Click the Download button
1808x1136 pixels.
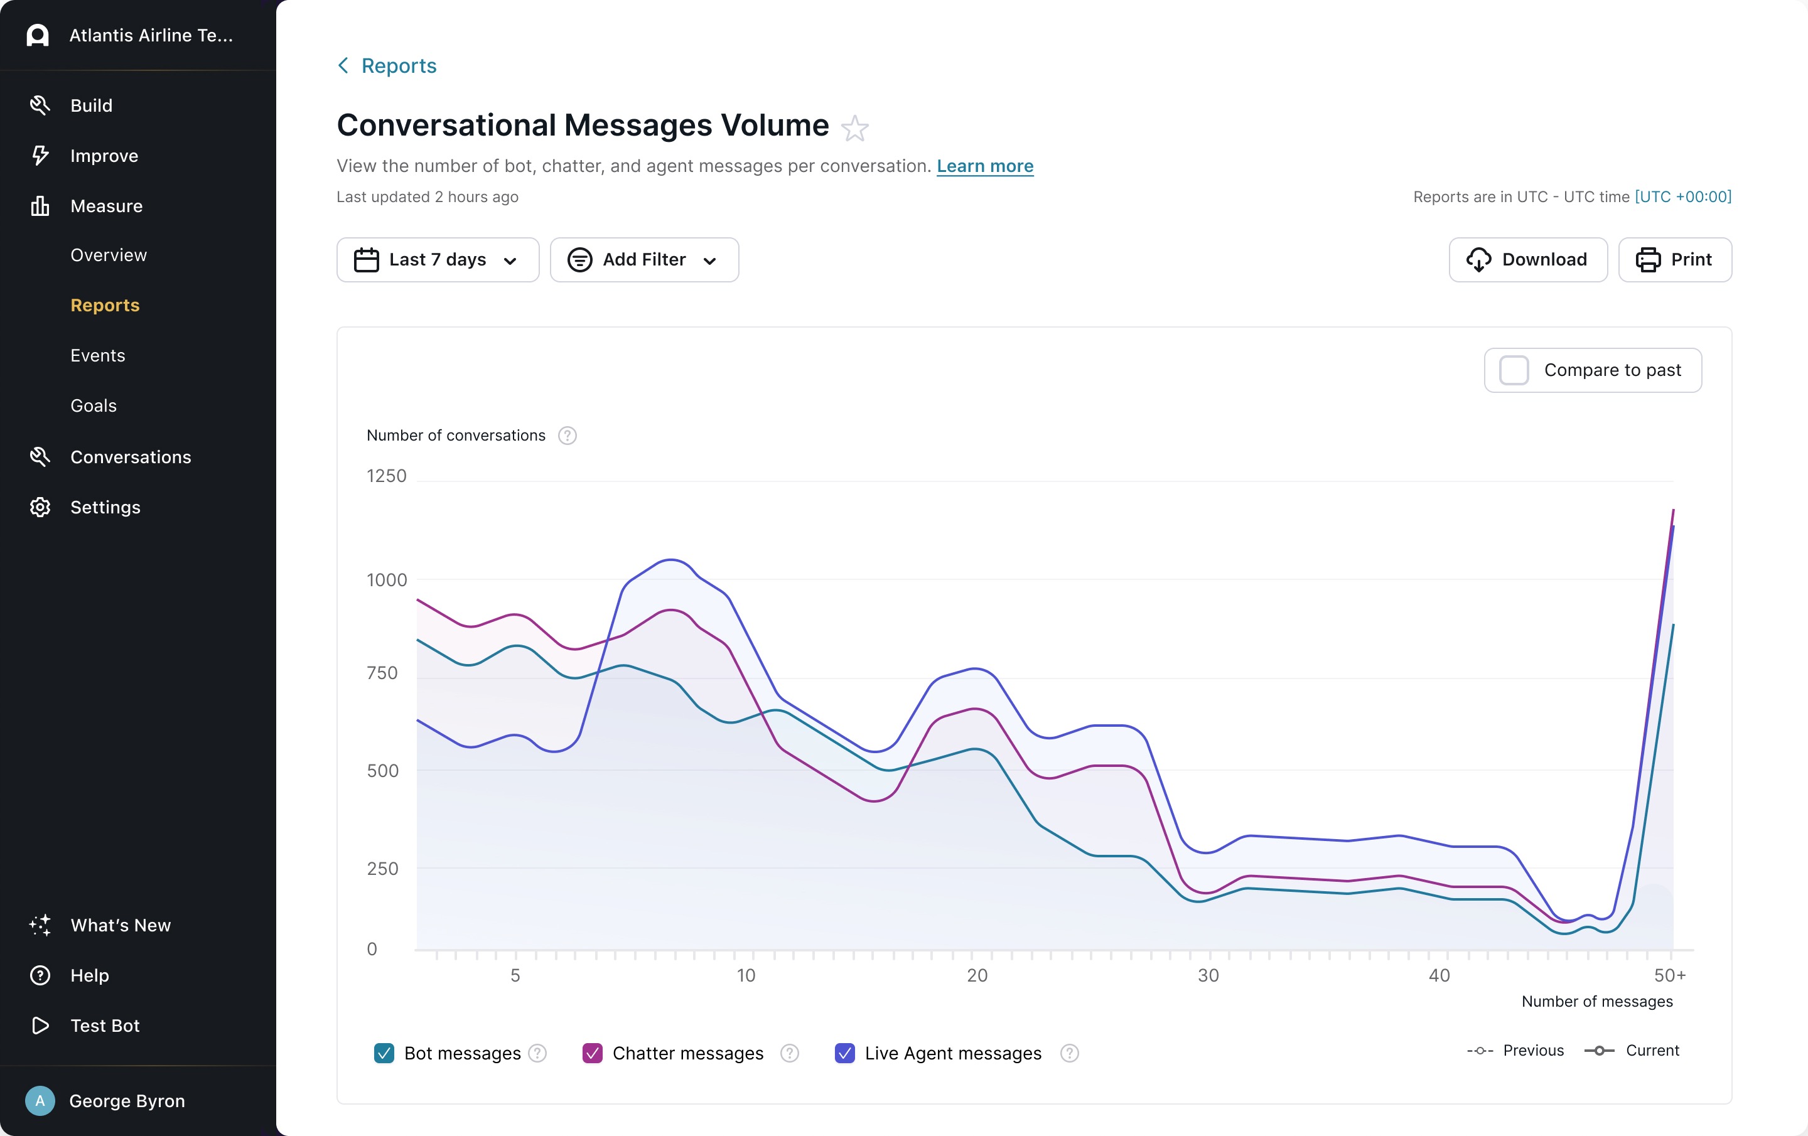point(1527,260)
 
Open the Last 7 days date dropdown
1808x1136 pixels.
point(438,260)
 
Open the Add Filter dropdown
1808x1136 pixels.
point(644,260)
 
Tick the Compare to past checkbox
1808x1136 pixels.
point(1514,370)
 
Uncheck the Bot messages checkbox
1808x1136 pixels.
point(384,1053)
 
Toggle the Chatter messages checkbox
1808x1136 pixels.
point(593,1053)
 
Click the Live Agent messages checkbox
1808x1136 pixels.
point(845,1053)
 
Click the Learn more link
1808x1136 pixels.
point(985,166)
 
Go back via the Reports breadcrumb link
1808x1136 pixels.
point(387,66)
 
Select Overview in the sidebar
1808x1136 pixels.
point(109,255)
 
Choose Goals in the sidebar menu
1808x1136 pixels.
point(94,406)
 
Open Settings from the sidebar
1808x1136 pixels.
point(105,508)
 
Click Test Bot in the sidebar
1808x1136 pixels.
point(105,1026)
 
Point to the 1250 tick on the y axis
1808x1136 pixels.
point(387,476)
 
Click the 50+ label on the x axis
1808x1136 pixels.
point(1670,975)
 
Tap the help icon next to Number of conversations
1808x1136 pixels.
point(568,436)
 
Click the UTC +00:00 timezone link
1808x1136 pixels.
point(1683,196)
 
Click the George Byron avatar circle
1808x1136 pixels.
point(40,1101)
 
